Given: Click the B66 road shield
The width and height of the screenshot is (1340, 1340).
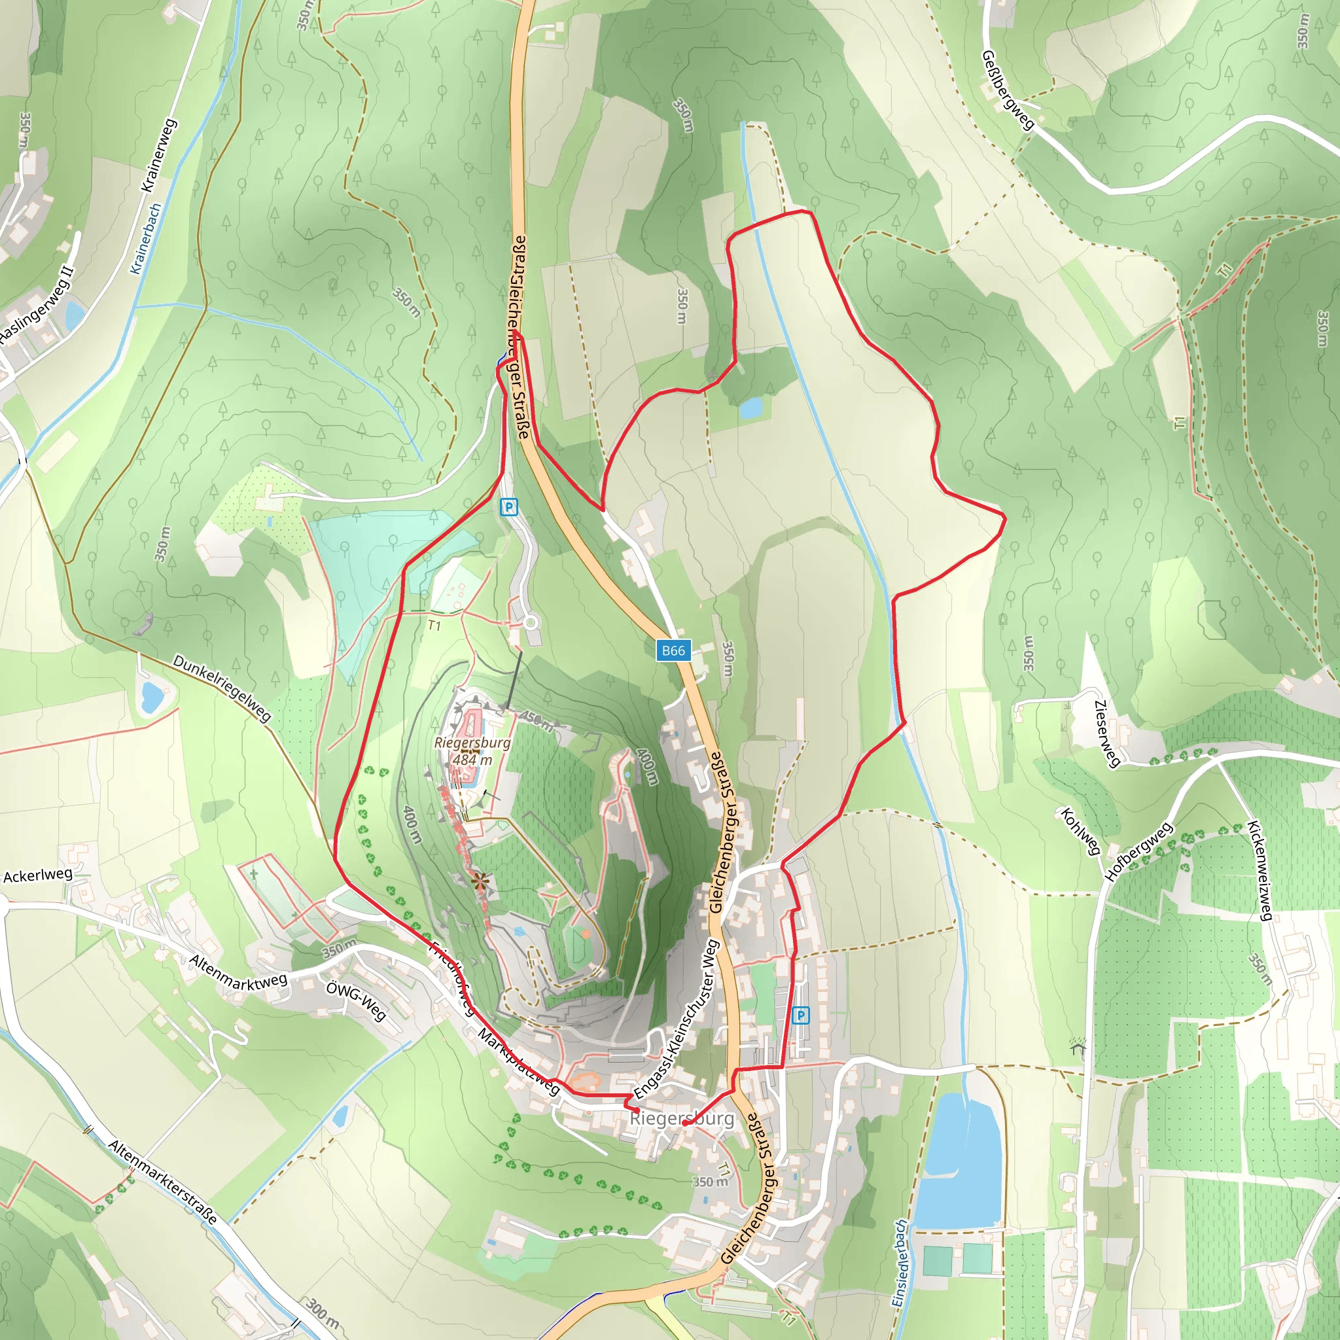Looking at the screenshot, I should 673,650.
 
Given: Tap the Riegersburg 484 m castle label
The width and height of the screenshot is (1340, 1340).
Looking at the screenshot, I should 472,751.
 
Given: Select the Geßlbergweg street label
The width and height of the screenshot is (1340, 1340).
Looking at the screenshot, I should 1008,90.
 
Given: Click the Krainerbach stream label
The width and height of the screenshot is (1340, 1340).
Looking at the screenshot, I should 146,239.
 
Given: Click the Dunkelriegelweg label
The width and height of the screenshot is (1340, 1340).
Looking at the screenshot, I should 221,688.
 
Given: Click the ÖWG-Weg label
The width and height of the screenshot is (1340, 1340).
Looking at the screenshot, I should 356,1000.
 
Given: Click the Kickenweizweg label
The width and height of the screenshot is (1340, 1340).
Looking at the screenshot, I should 1260,870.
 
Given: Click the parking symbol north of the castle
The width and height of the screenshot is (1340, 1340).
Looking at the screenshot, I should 508,507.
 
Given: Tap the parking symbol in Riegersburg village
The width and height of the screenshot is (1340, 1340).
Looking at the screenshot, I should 800,1015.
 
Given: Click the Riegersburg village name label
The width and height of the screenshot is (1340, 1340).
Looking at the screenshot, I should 682,1118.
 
